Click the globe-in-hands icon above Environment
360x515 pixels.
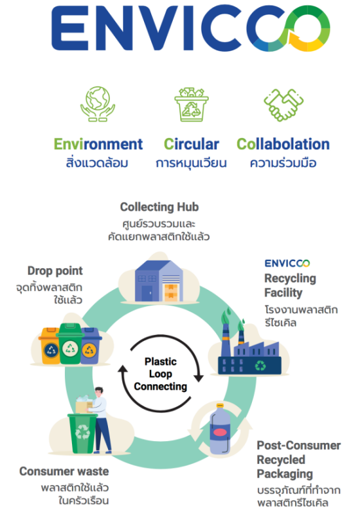point(98,104)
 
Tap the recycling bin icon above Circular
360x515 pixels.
point(191,105)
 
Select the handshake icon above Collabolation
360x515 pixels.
point(284,105)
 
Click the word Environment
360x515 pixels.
point(98,144)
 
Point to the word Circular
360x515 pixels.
point(192,144)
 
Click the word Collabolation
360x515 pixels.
point(283,144)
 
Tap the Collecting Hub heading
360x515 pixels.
point(159,207)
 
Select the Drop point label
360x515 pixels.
point(55,271)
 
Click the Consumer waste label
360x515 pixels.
point(64,471)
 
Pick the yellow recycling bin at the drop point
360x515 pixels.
point(49,346)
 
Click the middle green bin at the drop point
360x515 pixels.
point(70,344)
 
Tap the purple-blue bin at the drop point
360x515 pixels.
point(90,346)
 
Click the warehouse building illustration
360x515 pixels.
point(159,281)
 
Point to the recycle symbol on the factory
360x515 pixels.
point(261,365)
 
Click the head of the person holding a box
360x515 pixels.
point(99,392)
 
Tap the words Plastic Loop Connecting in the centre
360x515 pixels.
point(160,374)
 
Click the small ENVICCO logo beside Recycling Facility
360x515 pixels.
point(287,263)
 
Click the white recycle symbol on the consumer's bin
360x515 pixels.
point(82,433)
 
